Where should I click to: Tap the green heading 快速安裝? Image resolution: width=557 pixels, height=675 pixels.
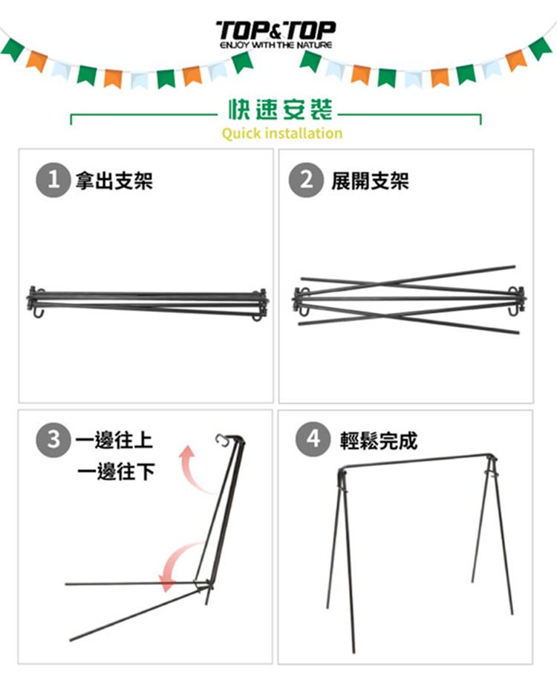click(x=280, y=109)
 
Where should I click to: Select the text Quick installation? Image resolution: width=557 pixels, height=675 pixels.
click(x=282, y=133)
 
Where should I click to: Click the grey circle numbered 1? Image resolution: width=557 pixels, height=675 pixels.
click(x=53, y=180)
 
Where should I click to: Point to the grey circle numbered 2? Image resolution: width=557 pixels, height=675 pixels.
click(x=306, y=180)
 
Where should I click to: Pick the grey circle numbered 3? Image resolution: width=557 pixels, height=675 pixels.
click(x=53, y=439)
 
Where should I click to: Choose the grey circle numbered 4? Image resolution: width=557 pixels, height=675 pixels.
click(x=313, y=439)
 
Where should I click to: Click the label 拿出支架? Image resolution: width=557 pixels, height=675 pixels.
click(x=114, y=181)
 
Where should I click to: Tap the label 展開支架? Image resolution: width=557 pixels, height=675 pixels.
click(x=370, y=181)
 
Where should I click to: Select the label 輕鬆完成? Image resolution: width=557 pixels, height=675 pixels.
click(x=379, y=440)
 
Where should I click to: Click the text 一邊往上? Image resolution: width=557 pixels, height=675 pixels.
click(x=114, y=440)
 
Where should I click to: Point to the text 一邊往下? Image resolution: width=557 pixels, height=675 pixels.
click(x=116, y=471)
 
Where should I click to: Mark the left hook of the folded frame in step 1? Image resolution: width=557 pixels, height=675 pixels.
click(x=37, y=312)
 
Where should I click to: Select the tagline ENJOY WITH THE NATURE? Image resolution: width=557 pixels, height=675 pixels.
click(x=276, y=45)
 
